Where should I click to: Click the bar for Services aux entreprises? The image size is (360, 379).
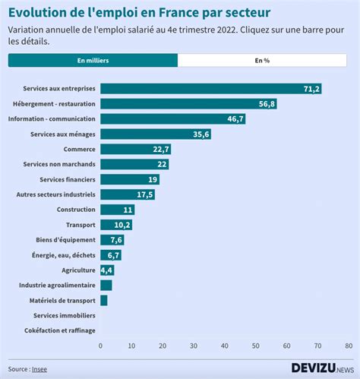[x=210, y=89]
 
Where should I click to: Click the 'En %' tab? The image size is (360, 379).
[x=262, y=61]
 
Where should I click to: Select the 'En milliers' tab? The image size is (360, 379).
[x=93, y=61]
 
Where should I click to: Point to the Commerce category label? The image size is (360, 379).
[x=79, y=149]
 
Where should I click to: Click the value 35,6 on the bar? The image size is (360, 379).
[x=201, y=134]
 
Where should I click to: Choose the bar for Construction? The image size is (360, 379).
[x=117, y=210]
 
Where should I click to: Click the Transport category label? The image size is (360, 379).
[x=81, y=225]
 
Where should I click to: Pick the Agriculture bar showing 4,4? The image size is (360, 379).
[x=106, y=270]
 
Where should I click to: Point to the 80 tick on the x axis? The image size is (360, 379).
[x=347, y=346]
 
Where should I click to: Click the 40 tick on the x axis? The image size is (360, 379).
[x=224, y=346]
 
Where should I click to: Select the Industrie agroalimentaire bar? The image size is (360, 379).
[x=106, y=285]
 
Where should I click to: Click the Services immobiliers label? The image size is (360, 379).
[x=65, y=315]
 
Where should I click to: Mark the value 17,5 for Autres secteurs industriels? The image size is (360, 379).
[x=145, y=194]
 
